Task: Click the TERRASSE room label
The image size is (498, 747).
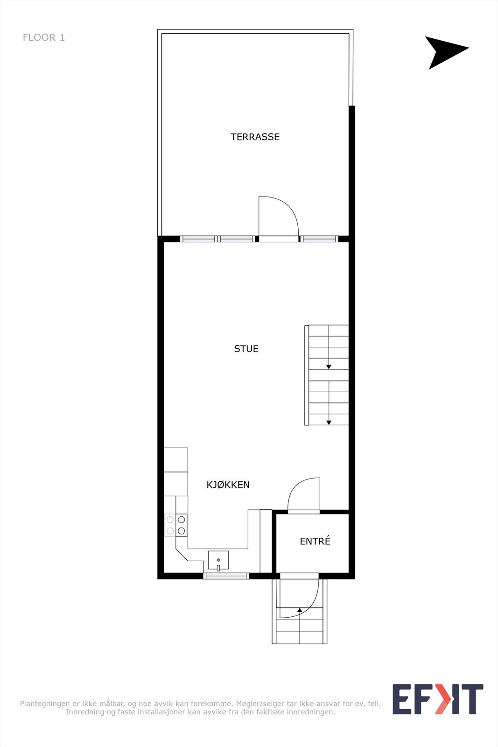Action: point(255,137)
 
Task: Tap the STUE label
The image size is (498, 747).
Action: point(246,349)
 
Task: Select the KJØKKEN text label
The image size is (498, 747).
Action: point(228,485)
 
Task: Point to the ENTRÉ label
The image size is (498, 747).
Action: point(315,541)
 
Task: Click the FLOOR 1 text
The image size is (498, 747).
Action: point(44,37)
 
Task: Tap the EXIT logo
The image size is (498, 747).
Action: point(437,699)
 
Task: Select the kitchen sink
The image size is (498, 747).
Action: point(218,560)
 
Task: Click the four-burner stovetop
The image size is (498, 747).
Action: point(175,525)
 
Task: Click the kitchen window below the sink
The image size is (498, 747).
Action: point(226,576)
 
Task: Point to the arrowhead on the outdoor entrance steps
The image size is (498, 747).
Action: point(300,610)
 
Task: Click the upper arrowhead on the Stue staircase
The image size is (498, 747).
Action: point(329,367)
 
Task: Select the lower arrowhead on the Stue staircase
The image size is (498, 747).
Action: point(329,423)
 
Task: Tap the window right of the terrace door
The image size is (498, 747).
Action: point(319,239)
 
